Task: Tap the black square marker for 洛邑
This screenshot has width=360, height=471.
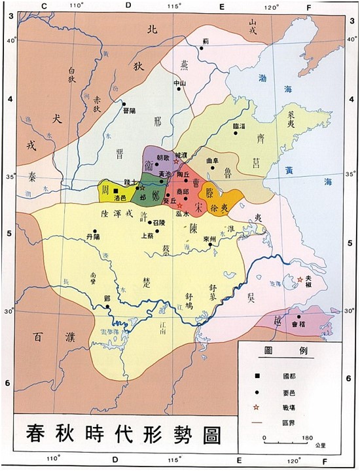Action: pos(116,190)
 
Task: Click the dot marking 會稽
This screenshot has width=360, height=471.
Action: pos(298,316)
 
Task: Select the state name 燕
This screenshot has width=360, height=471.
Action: pos(184,64)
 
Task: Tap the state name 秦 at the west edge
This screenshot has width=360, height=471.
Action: pos(33,176)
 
